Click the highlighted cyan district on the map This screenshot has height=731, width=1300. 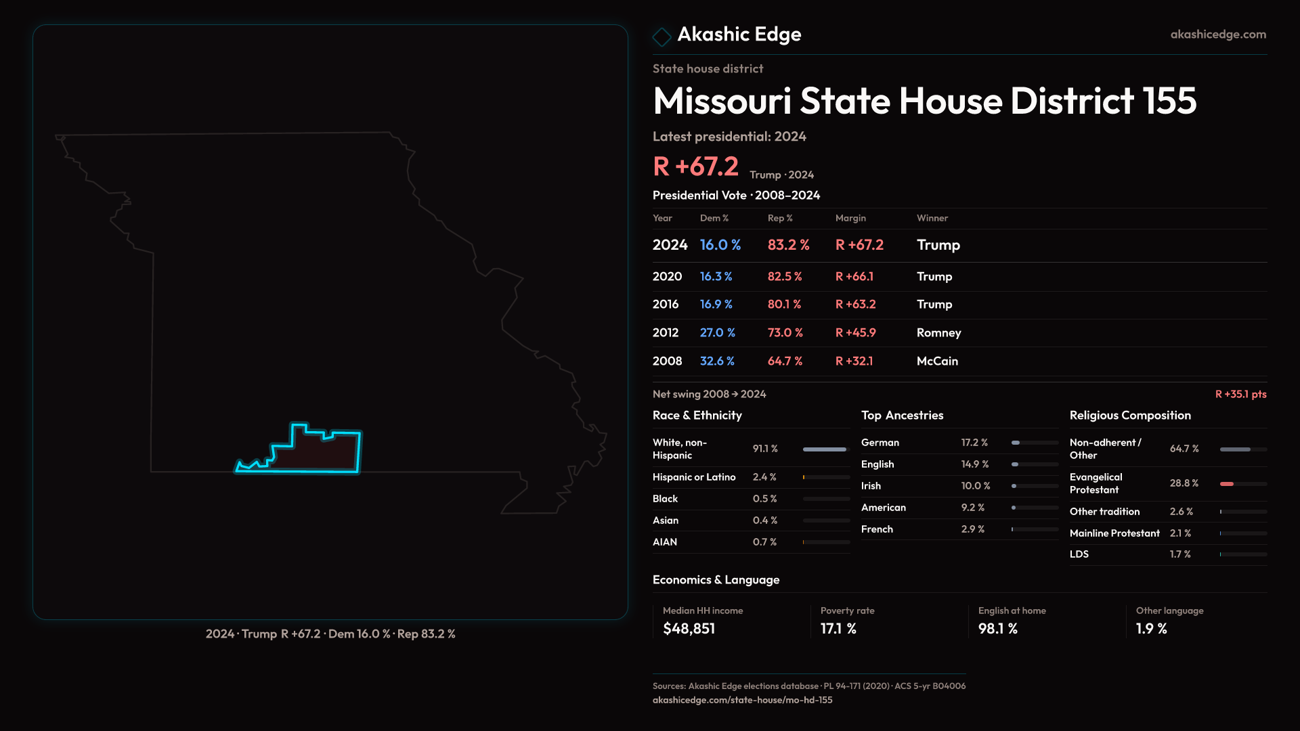pos(318,452)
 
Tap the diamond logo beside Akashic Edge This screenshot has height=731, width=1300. pos(662,36)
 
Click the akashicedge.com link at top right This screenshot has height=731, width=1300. pos(1217,35)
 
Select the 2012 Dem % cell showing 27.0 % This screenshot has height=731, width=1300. pos(717,333)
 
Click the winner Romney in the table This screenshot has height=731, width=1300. pos(938,333)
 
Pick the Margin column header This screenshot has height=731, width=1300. pos(850,218)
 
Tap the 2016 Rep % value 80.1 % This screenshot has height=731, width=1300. pos(784,305)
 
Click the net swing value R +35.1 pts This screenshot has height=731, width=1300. pos(1240,394)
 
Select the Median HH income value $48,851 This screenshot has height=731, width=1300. pos(689,629)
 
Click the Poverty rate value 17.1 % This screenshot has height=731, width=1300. pos(838,629)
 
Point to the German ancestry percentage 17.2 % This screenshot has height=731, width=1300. pos(974,443)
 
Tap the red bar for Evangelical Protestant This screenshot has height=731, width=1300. pos(1227,484)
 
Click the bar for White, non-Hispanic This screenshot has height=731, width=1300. pos(824,449)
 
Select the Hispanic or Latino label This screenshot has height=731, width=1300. pos(694,477)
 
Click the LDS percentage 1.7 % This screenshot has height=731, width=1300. pos(1179,554)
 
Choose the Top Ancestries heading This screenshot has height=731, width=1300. pos(902,416)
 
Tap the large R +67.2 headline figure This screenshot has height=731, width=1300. pos(695,167)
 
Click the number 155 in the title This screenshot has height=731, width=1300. pos(1169,101)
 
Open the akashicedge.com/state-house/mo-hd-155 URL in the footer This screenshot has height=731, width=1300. pos(742,700)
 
